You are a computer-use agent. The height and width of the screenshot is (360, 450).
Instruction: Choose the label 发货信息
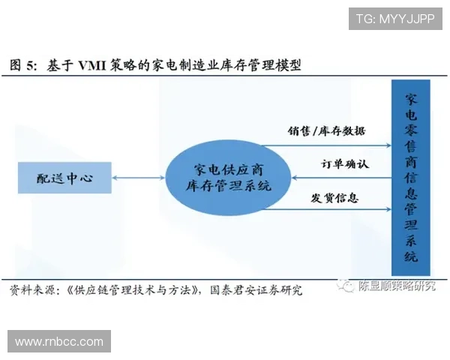tap(334, 199)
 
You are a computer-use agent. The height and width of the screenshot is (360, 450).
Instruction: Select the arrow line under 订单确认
tap(341, 178)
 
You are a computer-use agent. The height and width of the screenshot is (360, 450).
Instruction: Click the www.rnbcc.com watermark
tap(59, 342)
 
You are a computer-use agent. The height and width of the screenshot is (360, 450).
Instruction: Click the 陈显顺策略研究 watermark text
tap(397, 286)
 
